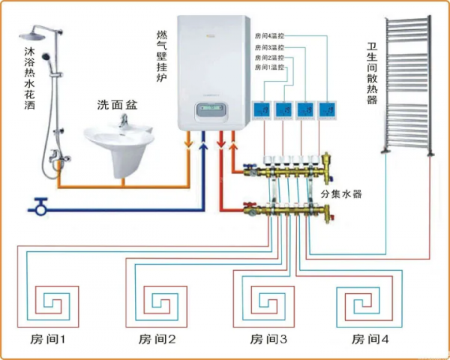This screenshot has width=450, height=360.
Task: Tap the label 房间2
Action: click(x=157, y=339)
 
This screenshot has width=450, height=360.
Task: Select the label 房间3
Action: click(x=268, y=339)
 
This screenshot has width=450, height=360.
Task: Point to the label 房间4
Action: click(x=370, y=339)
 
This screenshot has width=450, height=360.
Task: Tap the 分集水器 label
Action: click(x=341, y=193)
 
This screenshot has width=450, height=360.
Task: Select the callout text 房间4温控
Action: click(x=270, y=35)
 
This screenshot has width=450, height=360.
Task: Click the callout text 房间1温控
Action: click(x=270, y=67)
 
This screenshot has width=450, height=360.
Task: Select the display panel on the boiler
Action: click(x=212, y=111)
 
